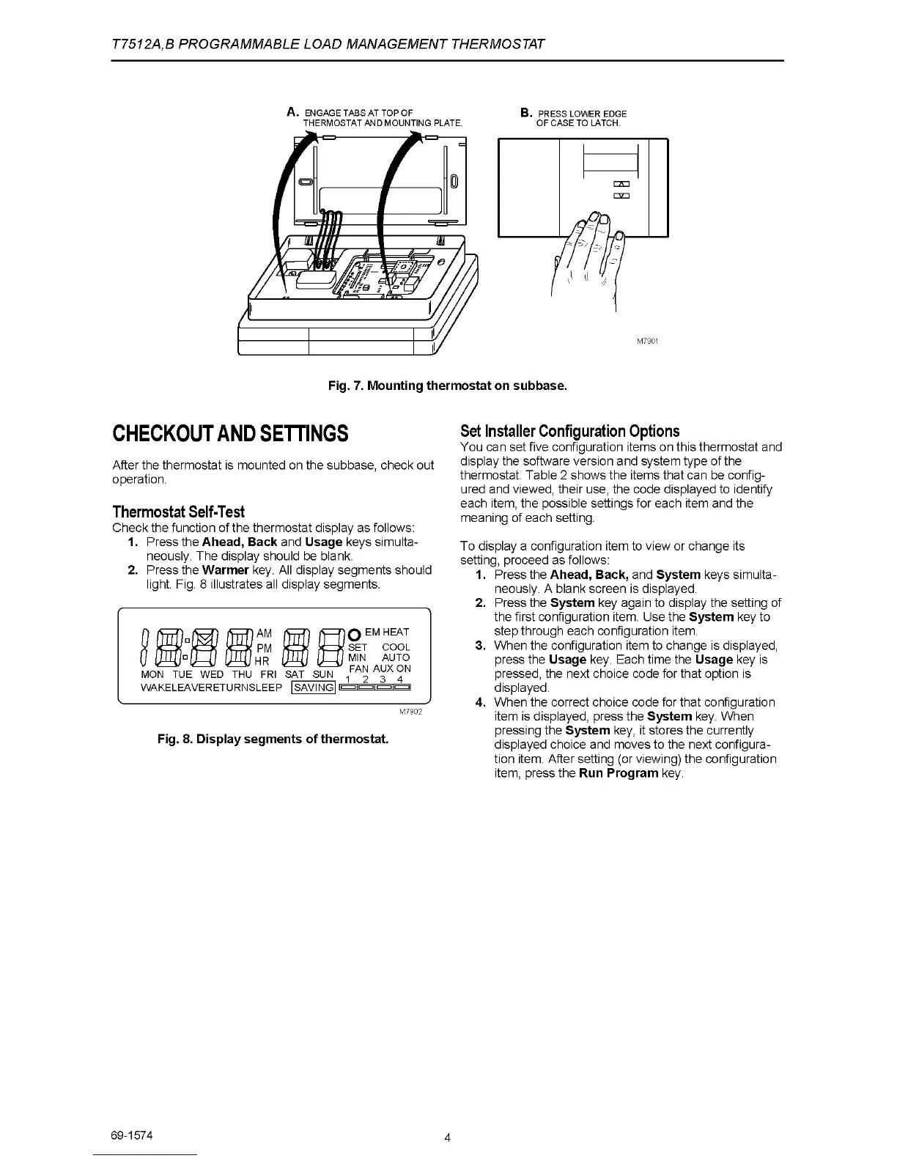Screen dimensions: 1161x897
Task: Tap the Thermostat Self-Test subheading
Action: (x=179, y=512)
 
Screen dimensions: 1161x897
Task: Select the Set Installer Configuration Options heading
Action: (x=569, y=431)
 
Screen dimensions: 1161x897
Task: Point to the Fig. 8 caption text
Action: (x=273, y=738)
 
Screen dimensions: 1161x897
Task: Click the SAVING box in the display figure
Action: (x=313, y=688)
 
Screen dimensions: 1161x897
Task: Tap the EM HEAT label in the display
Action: (x=387, y=632)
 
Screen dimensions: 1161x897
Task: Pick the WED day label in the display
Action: (x=212, y=674)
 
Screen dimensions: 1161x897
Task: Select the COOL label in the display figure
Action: (x=396, y=647)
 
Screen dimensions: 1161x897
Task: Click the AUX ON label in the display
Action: (x=392, y=668)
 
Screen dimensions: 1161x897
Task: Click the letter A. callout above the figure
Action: (x=292, y=112)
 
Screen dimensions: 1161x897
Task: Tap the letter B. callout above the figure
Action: (x=525, y=112)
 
